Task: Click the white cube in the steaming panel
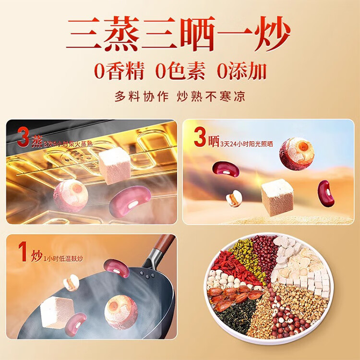coord(115,165)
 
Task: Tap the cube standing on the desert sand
coord(277,197)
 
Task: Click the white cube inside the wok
coord(57,312)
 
